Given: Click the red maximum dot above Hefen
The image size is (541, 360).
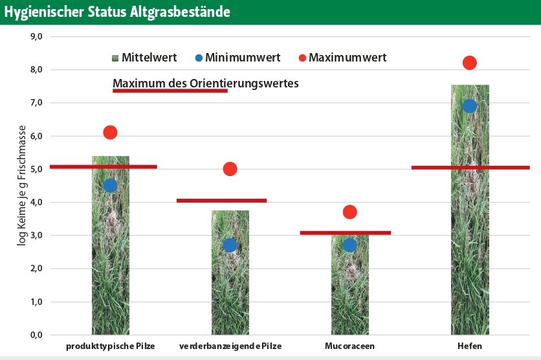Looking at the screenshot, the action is tap(470, 63).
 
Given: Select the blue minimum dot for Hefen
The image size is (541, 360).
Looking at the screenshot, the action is tap(470, 106).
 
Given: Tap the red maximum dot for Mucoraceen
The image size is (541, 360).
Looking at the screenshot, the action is tap(350, 212).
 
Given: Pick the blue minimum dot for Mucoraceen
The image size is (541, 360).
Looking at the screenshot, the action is tap(350, 245).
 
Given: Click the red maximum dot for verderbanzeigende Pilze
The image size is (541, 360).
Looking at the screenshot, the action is tap(230, 169).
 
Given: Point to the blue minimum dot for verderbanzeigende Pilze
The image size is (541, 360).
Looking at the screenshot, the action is tap(230, 245).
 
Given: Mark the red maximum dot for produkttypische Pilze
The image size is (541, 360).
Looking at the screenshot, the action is tap(110, 132).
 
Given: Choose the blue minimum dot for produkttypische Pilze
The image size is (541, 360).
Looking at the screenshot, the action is tap(110, 185).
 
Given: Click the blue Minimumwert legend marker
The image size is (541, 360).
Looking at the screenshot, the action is tap(199, 58).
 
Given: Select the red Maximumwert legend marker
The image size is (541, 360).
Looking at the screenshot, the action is tap(302, 58).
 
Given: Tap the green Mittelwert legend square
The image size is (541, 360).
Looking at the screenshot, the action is tap(115, 58).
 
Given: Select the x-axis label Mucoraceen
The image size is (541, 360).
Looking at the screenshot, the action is tap(349, 346).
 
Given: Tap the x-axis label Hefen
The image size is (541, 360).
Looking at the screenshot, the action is tap(470, 346).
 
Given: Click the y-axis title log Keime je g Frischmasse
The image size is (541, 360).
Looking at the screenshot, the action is tap(22, 186).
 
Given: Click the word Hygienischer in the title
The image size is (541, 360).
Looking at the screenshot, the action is tap(44, 12).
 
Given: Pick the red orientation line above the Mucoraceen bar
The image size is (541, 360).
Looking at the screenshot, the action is tap(346, 233).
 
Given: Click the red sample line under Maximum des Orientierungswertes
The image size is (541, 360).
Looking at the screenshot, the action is tap(170, 91).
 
